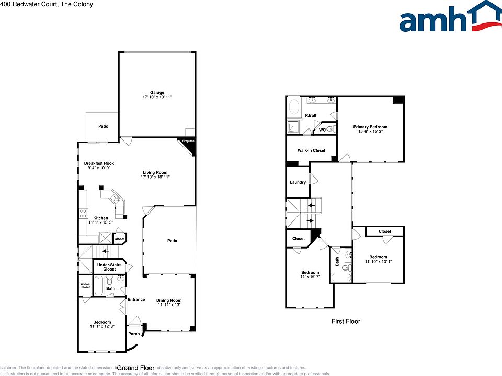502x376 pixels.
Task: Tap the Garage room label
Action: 157,92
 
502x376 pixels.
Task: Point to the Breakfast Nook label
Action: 99,163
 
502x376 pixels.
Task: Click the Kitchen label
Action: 100,218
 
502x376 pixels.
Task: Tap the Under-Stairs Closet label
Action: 109,267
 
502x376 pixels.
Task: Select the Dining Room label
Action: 169,300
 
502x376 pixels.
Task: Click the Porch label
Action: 134,334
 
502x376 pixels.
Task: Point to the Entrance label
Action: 136,299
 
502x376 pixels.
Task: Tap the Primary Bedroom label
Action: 370,127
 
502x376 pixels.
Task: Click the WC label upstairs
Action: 322,130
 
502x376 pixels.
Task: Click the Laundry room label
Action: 298,182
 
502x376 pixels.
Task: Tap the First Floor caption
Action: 346,322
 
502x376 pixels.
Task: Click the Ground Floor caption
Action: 134,368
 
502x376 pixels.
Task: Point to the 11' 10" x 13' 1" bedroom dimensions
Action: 378,262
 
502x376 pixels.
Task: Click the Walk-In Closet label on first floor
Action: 311,150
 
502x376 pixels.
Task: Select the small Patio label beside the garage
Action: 104,126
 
